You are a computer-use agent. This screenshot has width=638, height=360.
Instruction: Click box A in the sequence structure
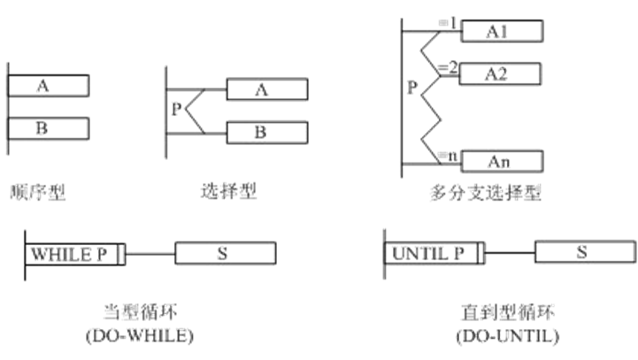[48, 85]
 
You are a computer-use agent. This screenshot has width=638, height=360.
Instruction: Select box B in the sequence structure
[48, 128]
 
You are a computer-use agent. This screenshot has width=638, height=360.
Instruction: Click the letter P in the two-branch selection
[176, 111]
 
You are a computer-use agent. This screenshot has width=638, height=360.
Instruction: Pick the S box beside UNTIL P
[583, 251]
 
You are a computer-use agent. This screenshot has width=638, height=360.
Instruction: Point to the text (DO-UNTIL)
[507, 337]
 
